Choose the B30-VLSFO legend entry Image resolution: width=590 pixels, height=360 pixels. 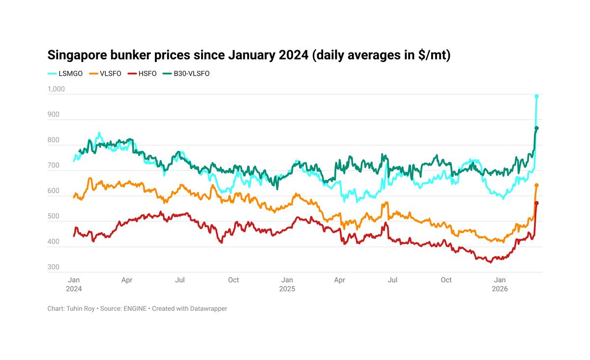[191, 74]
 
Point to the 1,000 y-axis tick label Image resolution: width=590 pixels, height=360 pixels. [56, 90]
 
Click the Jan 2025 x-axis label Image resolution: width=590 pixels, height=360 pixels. [287, 284]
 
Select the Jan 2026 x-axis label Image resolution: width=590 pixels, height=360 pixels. [500, 284]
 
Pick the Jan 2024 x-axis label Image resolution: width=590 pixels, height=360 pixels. [74, 284]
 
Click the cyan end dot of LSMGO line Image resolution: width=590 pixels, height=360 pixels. [537, 96]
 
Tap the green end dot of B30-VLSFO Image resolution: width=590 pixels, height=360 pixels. [537, 128]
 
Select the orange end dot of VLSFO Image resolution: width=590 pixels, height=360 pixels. [537, 185]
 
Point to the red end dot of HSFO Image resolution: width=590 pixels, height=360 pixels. [537, 203]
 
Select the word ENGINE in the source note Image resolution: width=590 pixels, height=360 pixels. [135, 309]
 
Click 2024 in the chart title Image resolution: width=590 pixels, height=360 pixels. [295, 55]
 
